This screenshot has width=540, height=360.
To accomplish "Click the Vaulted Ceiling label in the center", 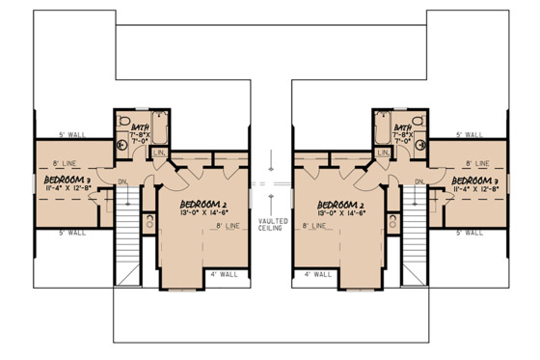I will pyautogui.click(x=271, y=225).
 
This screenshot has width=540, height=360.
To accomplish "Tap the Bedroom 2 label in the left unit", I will pyautogui.click(x=204, y=204).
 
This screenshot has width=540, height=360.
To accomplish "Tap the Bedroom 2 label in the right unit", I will pyautogui.click(x=339, y=204).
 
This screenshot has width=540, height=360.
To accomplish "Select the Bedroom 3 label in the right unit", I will pyautogui.click(x=473, y=180).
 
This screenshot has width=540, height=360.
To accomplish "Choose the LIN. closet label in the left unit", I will pyautogui.click(x=160, y=152).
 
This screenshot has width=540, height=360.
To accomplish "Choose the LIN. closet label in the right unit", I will pyautogui.click(x=383, y=152).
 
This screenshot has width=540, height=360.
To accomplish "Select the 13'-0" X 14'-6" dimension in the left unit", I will pyautogui.click(x=205, y=214).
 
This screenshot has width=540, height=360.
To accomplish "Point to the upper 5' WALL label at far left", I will pyautogui.click(x=68, y=134).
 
